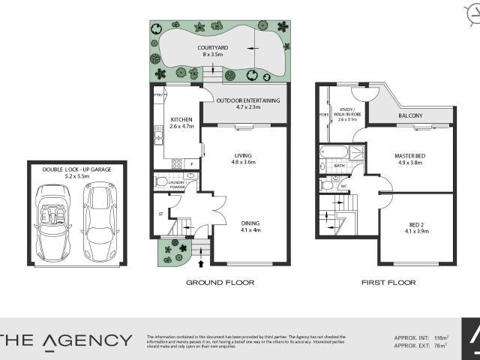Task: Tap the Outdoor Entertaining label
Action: (x=247, y=100)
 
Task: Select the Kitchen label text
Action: (x=181, y=120)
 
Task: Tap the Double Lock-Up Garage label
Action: (x=77, y=169)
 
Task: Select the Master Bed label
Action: (x=409, y=156)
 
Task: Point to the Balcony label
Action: (x=410, y=115)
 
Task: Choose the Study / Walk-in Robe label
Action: (x=350, y=113)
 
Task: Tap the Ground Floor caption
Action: (x=220, y=283)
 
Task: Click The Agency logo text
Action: (x=66, y=341)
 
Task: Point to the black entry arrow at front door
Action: (x=200, y=262)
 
